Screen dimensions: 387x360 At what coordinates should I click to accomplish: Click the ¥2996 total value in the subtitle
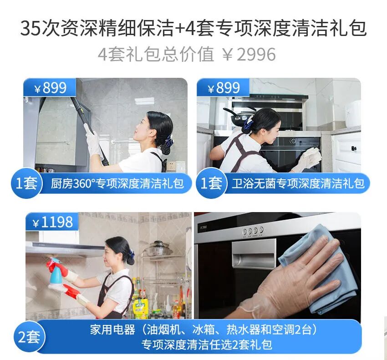click(x=249, y=55)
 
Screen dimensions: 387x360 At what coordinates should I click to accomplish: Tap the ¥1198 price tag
click(x=52, y=222)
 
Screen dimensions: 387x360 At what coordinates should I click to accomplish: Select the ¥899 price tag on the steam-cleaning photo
click(x=50, y=87)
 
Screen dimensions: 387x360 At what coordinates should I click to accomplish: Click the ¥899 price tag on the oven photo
click(x=223, y=87)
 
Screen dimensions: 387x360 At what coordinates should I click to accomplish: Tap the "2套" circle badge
click(x=29, y=337)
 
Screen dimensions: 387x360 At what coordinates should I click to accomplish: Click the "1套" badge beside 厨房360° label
click(x=26, y=183)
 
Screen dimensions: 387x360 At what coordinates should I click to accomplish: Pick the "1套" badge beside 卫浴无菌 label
click(x=211, y=183)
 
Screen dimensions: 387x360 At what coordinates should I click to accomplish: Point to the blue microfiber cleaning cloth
click(x=318, y=269)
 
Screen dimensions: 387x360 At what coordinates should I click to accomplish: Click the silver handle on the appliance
click(x=254, y=254)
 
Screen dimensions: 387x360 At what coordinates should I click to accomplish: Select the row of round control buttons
click(x=253, y=231)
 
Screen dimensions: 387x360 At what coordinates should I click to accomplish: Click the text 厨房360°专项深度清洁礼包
click(x=117, y=183)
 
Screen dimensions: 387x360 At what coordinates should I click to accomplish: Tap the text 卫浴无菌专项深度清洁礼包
click(x=298, y=183)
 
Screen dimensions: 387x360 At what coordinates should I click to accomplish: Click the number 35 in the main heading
click(x=30, y=28)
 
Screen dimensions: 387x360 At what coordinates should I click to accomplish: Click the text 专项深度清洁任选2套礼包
click(x=207, y=345)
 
